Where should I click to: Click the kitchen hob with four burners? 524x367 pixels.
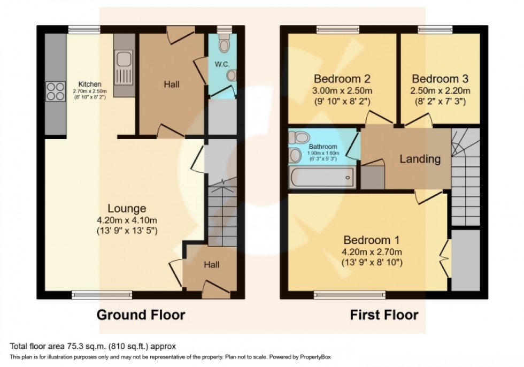(56, 91)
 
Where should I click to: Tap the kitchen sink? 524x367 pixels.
(124, 67)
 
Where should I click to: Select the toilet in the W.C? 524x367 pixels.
(224, 43)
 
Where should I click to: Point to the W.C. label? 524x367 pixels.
(222, 64)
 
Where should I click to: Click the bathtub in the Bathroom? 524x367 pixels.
(322, 177)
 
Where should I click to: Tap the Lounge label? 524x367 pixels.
(127, 209)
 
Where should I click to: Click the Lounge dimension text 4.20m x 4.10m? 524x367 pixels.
(127, 220)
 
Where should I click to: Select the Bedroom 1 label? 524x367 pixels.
(372, 240)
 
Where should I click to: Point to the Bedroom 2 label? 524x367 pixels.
(342, 79)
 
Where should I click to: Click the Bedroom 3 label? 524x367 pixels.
(440, 79)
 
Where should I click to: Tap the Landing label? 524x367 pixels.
(420, 159)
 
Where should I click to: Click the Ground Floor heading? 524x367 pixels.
(141, 315)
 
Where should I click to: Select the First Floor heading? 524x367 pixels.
(384, 315)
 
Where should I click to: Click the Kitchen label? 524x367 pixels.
(90, 84)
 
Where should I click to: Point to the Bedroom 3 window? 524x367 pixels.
(435, 30)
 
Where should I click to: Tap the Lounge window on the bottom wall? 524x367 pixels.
(102, 294)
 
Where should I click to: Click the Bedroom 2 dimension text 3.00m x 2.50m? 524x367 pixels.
(342, 90)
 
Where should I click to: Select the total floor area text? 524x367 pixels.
(93, 346)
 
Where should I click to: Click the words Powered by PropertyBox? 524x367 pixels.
(300, 357)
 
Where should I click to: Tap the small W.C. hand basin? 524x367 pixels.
(231, 75)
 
